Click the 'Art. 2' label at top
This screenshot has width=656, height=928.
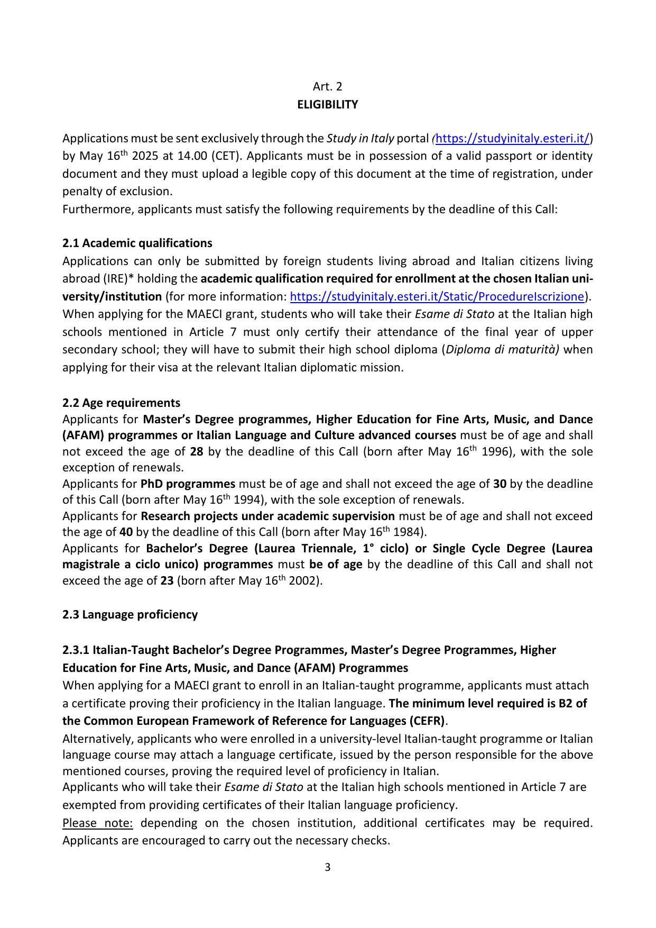tap(327, 87)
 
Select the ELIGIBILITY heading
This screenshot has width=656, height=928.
tap(327, 105)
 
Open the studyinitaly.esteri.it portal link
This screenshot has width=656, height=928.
tap(512, 139)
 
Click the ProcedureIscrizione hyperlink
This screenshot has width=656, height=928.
tap(437, 297)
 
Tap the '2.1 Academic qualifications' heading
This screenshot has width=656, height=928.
tap(137, 243)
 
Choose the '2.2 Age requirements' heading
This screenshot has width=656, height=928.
tap(121, 403)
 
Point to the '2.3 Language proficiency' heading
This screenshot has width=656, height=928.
tap(130, 615)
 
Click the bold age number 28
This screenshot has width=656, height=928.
tap(197, 452)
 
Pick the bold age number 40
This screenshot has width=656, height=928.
tap(126, 532)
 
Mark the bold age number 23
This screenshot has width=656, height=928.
tap(167, 581)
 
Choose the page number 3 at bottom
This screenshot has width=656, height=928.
tap(328, 867)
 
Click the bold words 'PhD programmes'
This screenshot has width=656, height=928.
tap(188, 484)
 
